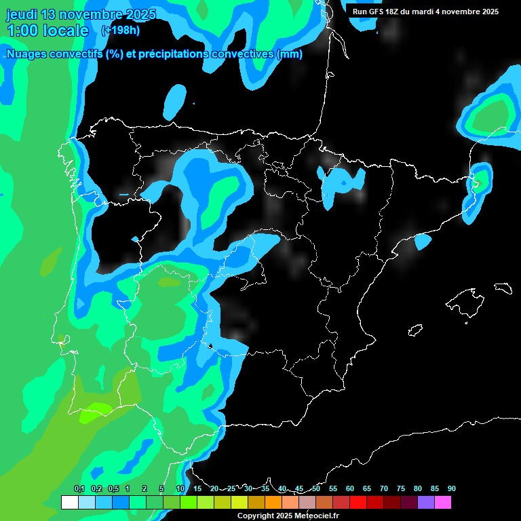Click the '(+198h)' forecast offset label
pos(120,30)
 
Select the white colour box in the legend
pos(69,503)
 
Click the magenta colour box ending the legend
pos(442,503)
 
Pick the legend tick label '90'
pos(451,489)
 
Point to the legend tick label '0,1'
pos(79,489)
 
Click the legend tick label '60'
pos(350,489)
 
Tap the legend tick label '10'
pos(180,489)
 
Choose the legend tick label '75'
pos(401,489)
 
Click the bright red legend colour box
pos(358,503)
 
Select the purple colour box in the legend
pos(425,503)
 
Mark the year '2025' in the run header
pos(488,12)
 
